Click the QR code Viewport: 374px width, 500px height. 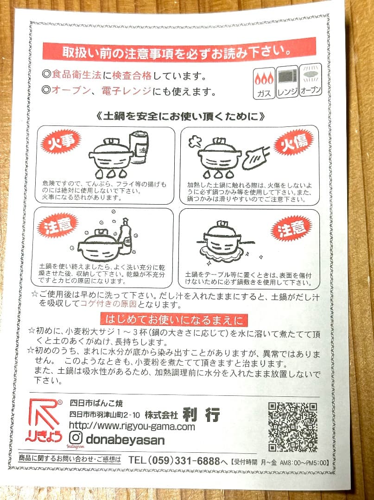click(292, 427)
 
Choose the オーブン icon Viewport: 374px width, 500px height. click(310, 81)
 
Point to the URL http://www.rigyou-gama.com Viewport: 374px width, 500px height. click(132, 426)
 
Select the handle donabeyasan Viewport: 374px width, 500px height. click(125, 439)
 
